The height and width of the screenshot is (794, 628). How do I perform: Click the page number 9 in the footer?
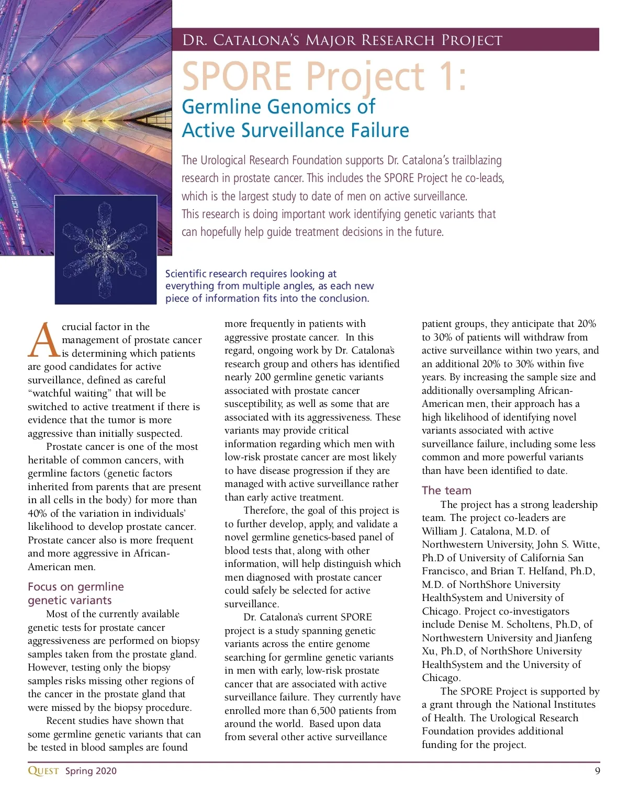(x=597, y=770)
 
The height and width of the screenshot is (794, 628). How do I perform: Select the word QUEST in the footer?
(x=43, y=771)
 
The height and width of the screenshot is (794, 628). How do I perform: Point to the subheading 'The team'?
(x=446, y=490)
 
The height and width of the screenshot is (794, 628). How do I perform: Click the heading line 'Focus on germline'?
(x=76, y=586)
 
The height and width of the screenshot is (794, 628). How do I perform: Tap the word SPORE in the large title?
(x=237, y=76)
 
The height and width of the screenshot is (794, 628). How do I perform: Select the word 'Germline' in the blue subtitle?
(x=222, y=107)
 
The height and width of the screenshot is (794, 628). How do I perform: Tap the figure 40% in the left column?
(x=37, y=513)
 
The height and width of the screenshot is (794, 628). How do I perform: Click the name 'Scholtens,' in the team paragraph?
(x=526, y=624)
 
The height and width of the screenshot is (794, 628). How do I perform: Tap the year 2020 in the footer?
(x=106, y=771)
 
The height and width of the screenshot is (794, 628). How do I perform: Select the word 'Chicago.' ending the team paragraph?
(x=441, y=677)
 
